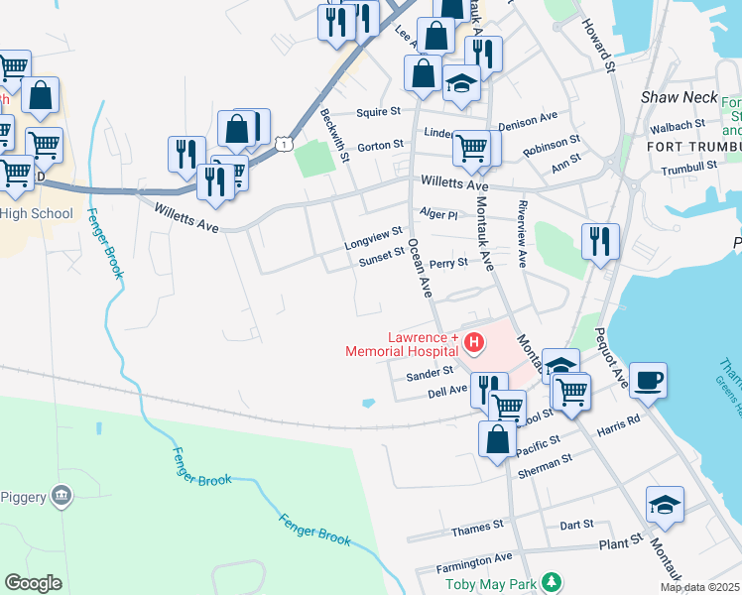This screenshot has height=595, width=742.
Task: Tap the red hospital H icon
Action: (x=474, y=344)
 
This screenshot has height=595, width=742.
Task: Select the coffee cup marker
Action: (x=648, y=380)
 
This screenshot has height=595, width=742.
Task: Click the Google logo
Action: (x=33, y=583)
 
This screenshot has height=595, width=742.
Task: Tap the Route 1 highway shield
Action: (x=285, y=145)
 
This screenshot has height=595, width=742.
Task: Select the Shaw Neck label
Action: (x=672, y=97)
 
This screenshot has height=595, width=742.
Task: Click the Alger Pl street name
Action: (x=438, y=214)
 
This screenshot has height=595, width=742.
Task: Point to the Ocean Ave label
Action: (x=420, y=269)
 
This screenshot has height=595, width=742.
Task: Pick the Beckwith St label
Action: (x=335, y=135)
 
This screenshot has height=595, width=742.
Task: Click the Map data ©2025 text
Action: (x=700, y=587)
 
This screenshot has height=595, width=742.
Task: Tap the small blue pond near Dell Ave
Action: (x=369, y=404)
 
